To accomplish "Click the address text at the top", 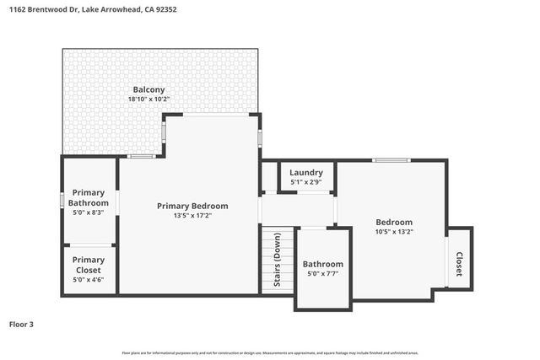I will click(x=94, y=9).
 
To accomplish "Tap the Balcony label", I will click(x=148, y=89).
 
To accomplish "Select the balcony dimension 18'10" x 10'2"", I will click(x=148, y=99).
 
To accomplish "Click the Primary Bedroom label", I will click(x=192, y=206).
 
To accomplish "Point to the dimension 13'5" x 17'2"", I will click(x=192, y=216).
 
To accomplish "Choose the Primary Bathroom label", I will click(x=89, y=198).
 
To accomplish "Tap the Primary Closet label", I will click(x=89, y=265).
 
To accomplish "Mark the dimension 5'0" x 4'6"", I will click(x=89, y=281).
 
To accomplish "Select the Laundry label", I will click(x=307, y=172).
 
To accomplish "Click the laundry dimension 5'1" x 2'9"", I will click(x=307, y=182).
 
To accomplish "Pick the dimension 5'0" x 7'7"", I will click(x=323, y=274).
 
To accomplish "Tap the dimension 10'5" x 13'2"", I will click(x=394, y=232).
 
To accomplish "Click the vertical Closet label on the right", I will click(x=460, y=265).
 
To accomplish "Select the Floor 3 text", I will click(x=23, y=324).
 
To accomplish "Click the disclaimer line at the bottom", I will click(x=270, y=352).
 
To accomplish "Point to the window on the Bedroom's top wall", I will click(x=391, y=160).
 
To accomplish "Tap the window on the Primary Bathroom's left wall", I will click(x=62, y=201).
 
